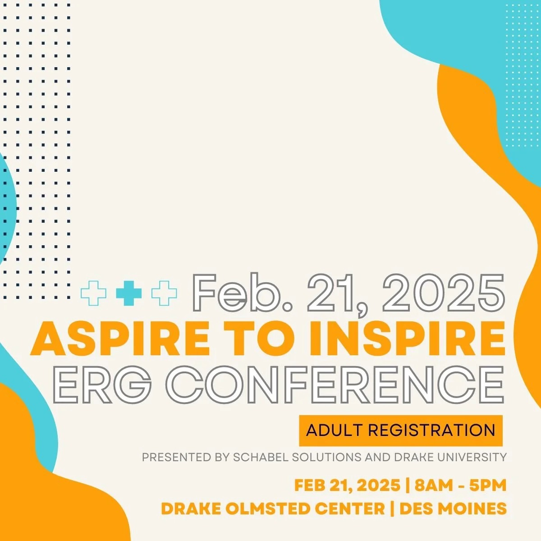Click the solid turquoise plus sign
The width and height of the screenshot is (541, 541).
(x=128, y=293)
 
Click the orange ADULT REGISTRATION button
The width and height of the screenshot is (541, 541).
(x=400, y=430)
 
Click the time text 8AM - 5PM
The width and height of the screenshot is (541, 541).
(x=461, y=486)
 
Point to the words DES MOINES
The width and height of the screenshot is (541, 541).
(x=453, y=509)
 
